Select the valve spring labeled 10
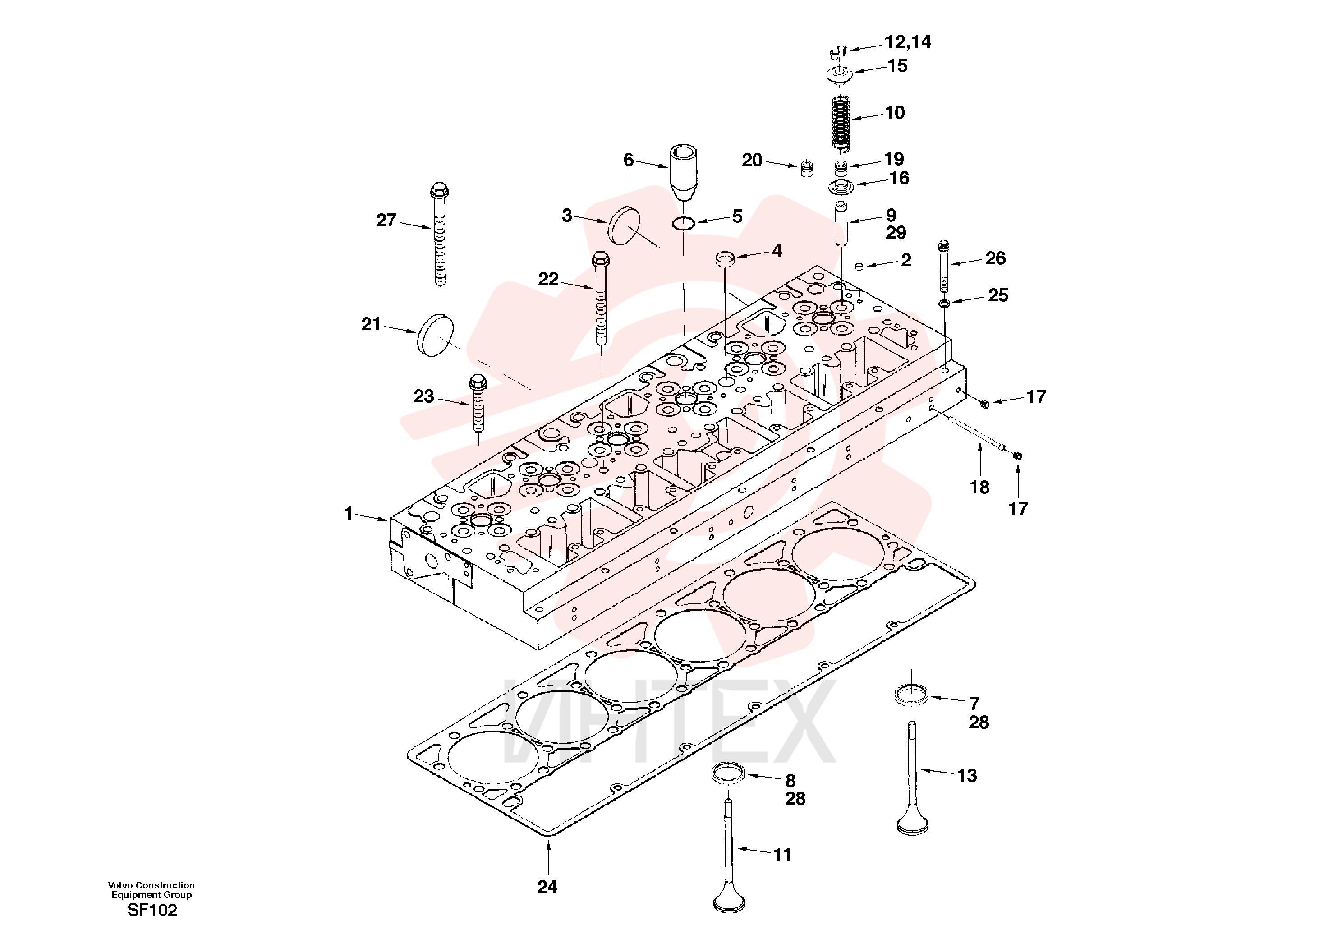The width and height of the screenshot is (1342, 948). (841, 122)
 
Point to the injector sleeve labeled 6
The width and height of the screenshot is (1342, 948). (683, 172)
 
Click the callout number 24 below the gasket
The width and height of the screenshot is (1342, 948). (547, 887)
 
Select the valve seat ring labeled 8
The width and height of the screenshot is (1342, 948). (729, 773)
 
